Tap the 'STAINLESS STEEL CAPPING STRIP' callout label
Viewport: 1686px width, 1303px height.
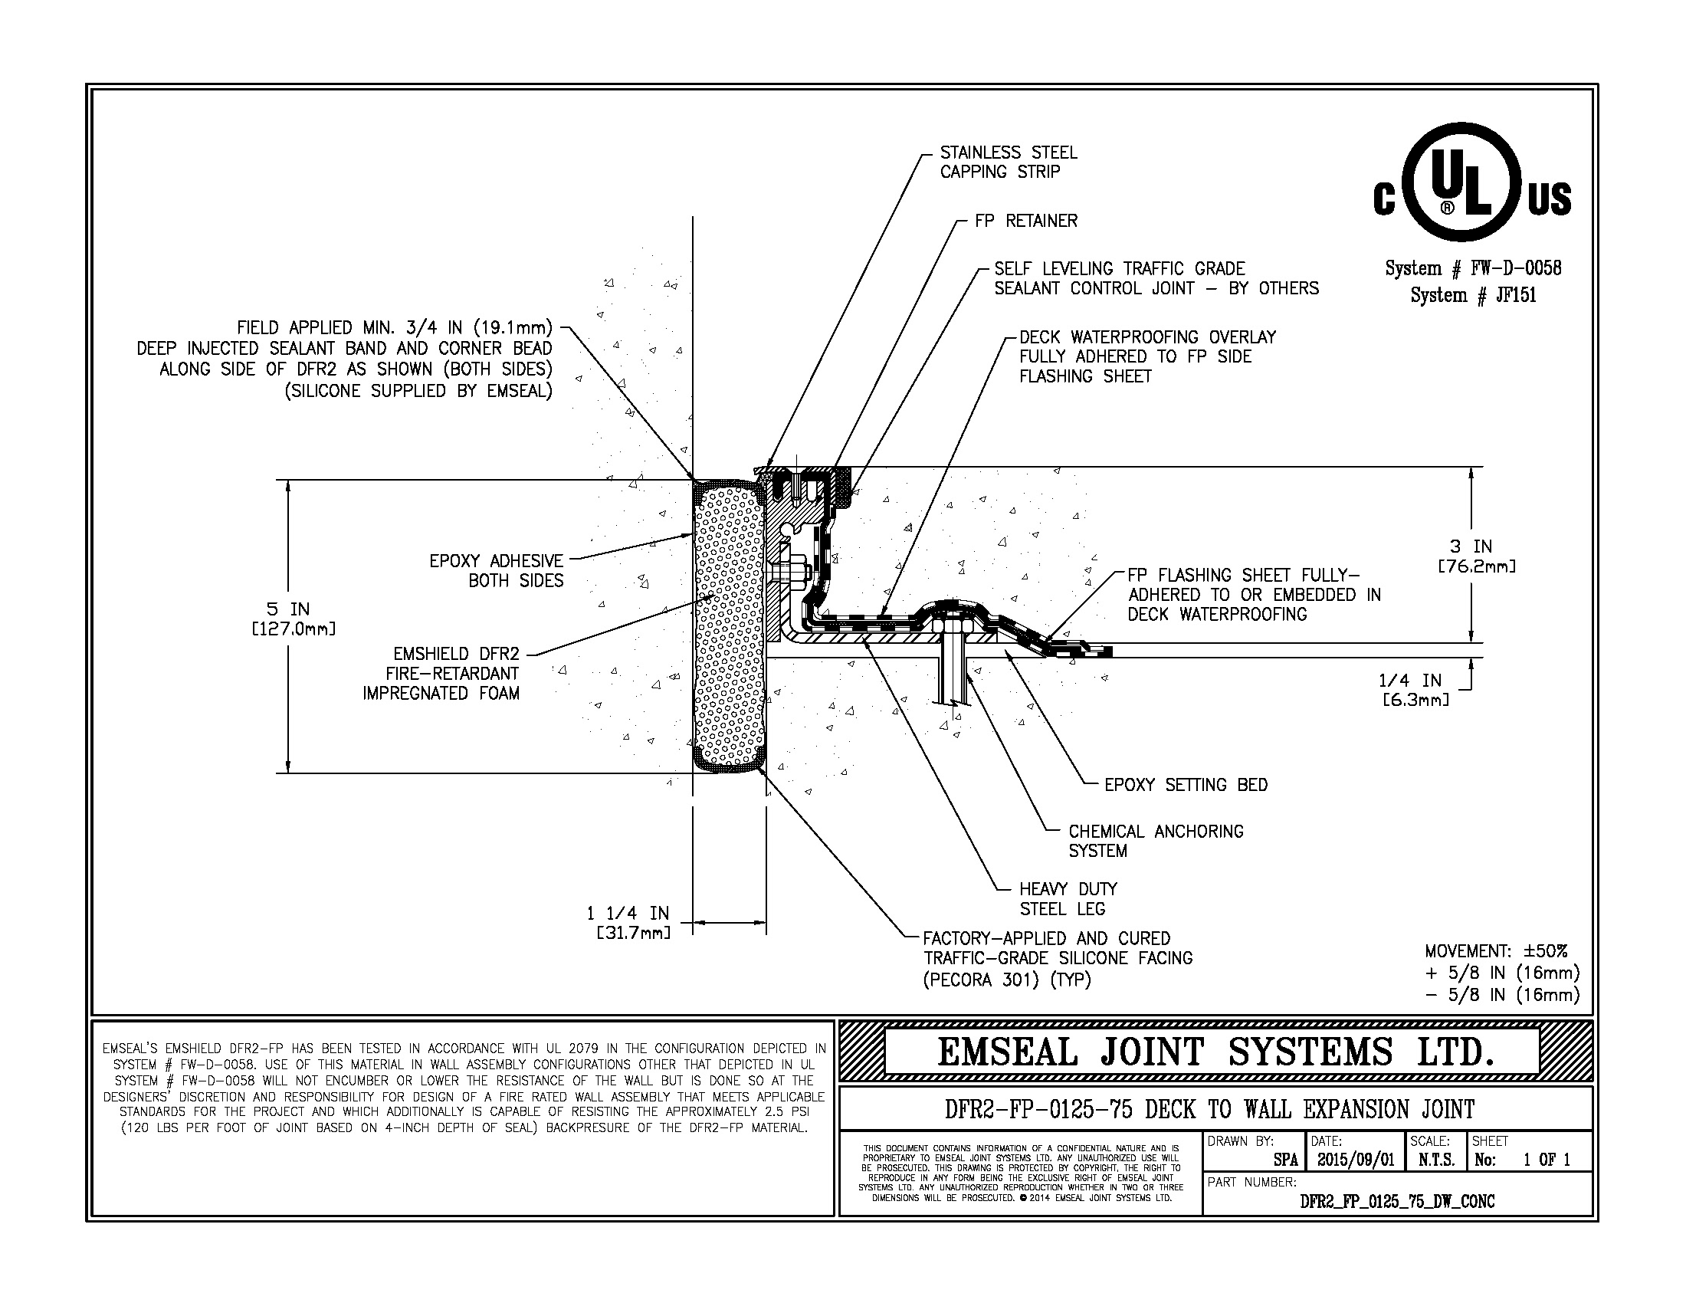[x=1008, y=162]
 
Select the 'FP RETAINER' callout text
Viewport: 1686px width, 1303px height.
[x=1025, y=221]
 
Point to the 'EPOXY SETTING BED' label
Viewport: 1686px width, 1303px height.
[x=1186, y=785]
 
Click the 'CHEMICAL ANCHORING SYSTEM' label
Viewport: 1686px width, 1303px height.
[x=1155, y=841]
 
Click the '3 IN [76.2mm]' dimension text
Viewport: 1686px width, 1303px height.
[x=1476, y=556]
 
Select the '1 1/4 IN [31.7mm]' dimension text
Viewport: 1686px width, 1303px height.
[x=629, y=922]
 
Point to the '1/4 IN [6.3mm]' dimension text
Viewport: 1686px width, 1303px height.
[x=1409, y=689]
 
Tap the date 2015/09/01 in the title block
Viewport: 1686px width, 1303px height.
[x=1356, y=1160]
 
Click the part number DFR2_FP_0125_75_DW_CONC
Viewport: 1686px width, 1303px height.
[x=1397, y=1201]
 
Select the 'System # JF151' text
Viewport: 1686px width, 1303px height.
[x=1473, y=295]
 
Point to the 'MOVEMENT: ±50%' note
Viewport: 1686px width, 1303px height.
[x=1495, y=951]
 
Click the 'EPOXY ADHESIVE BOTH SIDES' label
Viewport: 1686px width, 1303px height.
[x=497, y=570]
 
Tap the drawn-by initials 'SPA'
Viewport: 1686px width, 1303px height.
[x=1285, y=1160]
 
